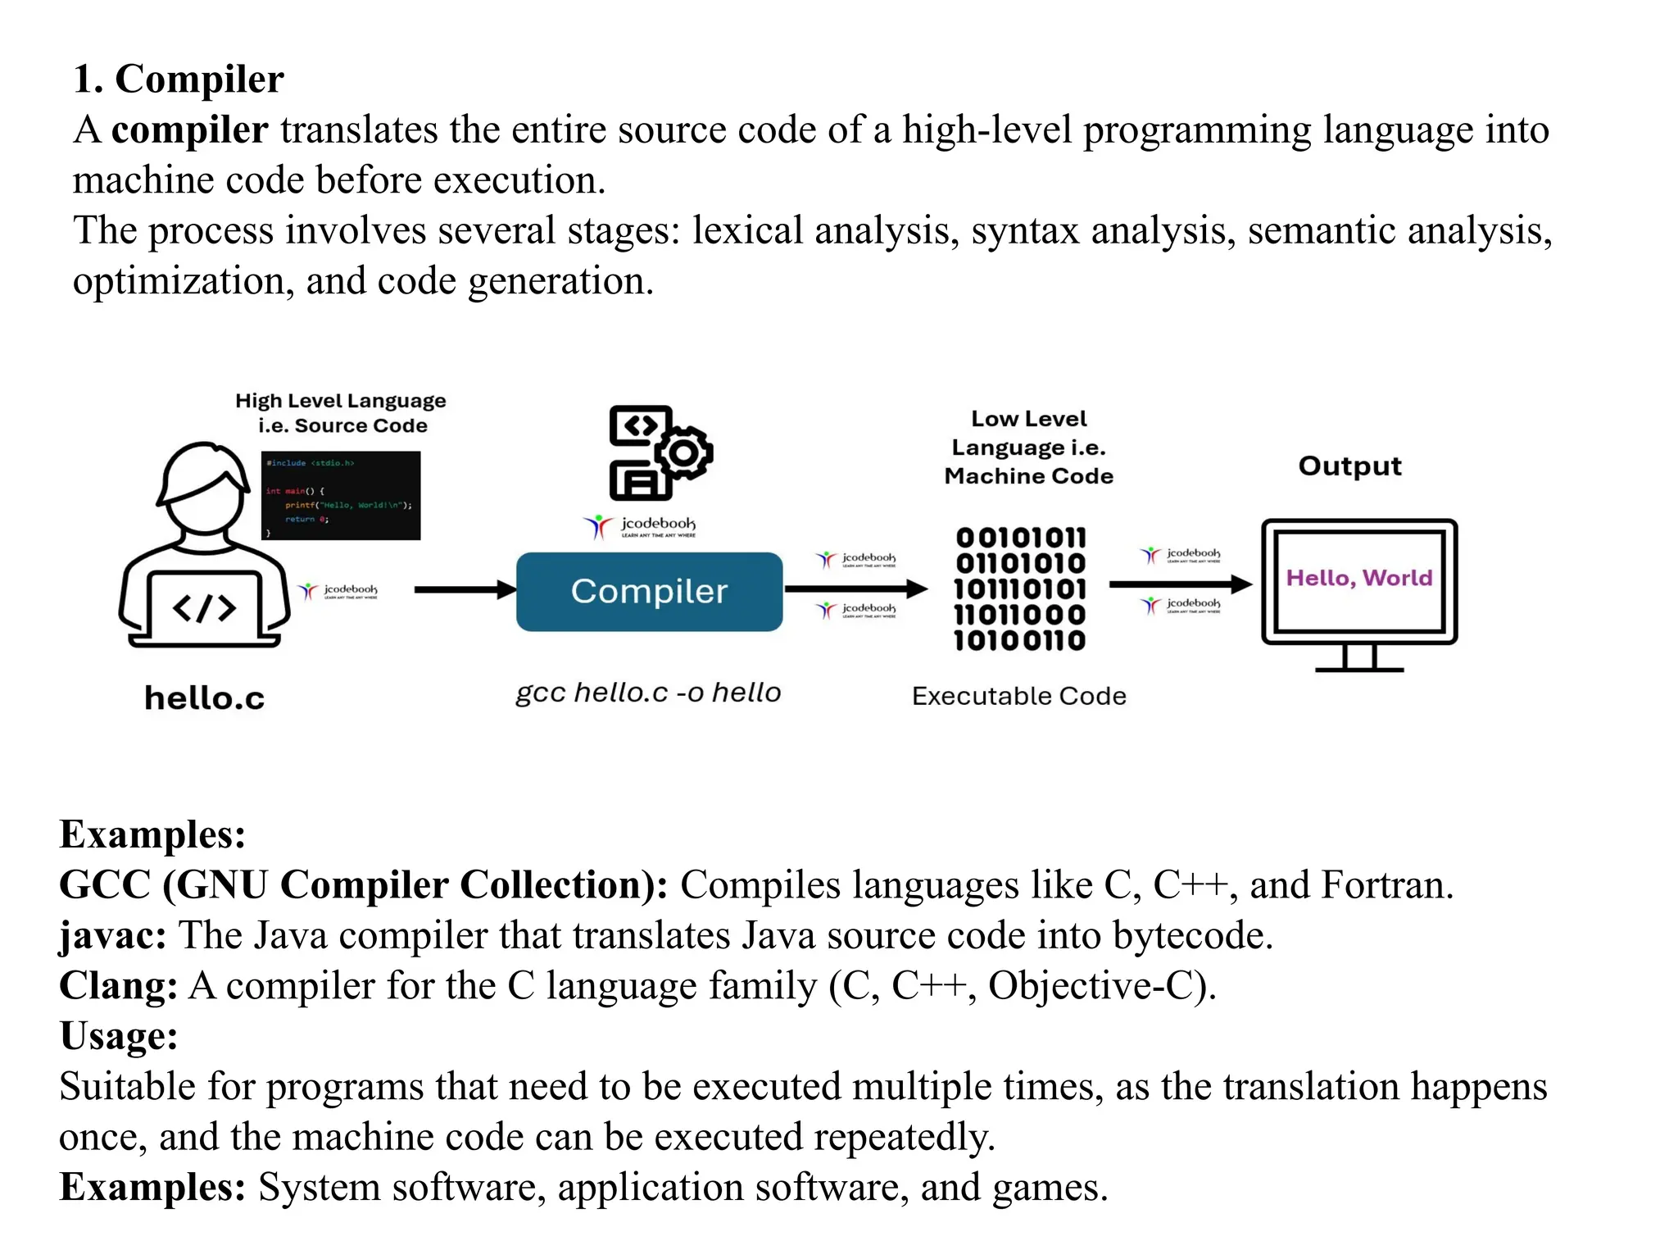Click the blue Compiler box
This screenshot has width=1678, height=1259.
649,591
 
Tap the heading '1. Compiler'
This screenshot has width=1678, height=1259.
178,80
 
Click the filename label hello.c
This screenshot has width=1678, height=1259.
204,698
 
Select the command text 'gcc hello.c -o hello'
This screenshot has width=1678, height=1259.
648,693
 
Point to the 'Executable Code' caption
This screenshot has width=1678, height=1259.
1018,696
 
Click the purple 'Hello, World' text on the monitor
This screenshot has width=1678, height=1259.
1358,578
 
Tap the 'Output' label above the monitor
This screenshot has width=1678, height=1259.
1349,466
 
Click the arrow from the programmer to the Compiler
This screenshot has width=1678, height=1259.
464,589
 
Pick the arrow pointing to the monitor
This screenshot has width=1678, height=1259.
1179,584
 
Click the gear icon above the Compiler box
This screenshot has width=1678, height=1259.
684,452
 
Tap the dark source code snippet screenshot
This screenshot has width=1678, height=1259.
341,495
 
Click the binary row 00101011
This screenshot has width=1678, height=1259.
1021,538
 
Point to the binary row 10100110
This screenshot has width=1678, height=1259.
1020,640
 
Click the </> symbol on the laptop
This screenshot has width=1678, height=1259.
204,608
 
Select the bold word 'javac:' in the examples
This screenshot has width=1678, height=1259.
113,935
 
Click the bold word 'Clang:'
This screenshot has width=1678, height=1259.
118,985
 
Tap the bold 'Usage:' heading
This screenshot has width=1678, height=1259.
119,1035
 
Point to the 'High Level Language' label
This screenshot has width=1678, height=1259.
340,401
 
